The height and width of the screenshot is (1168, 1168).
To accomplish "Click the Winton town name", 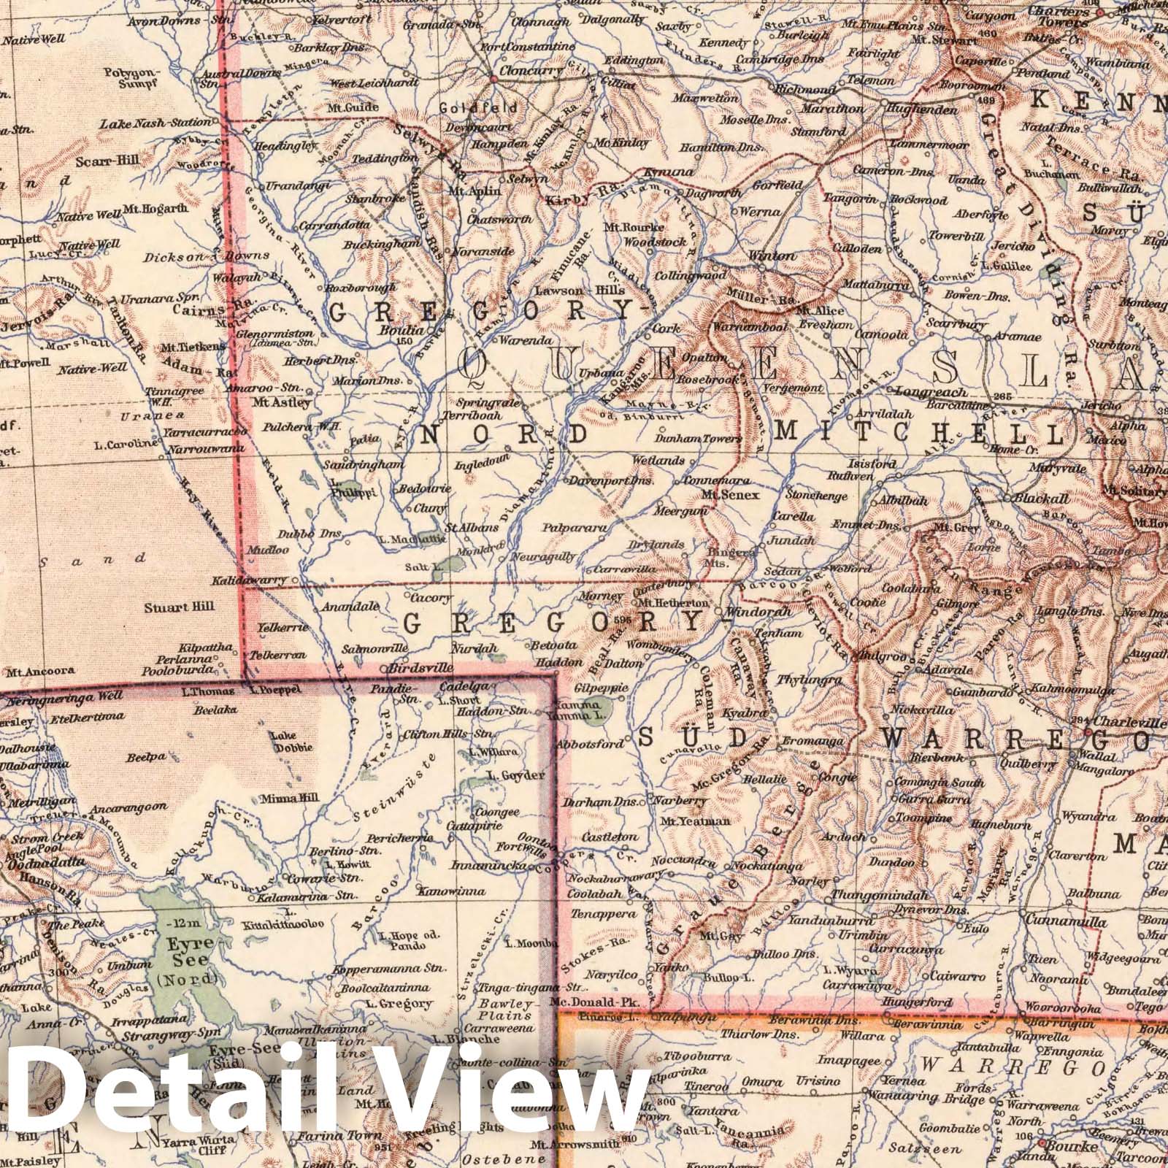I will pyautogui.click(x=772, y=255).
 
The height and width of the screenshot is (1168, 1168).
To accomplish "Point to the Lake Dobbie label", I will pyautogui.click(x=292, y=741).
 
